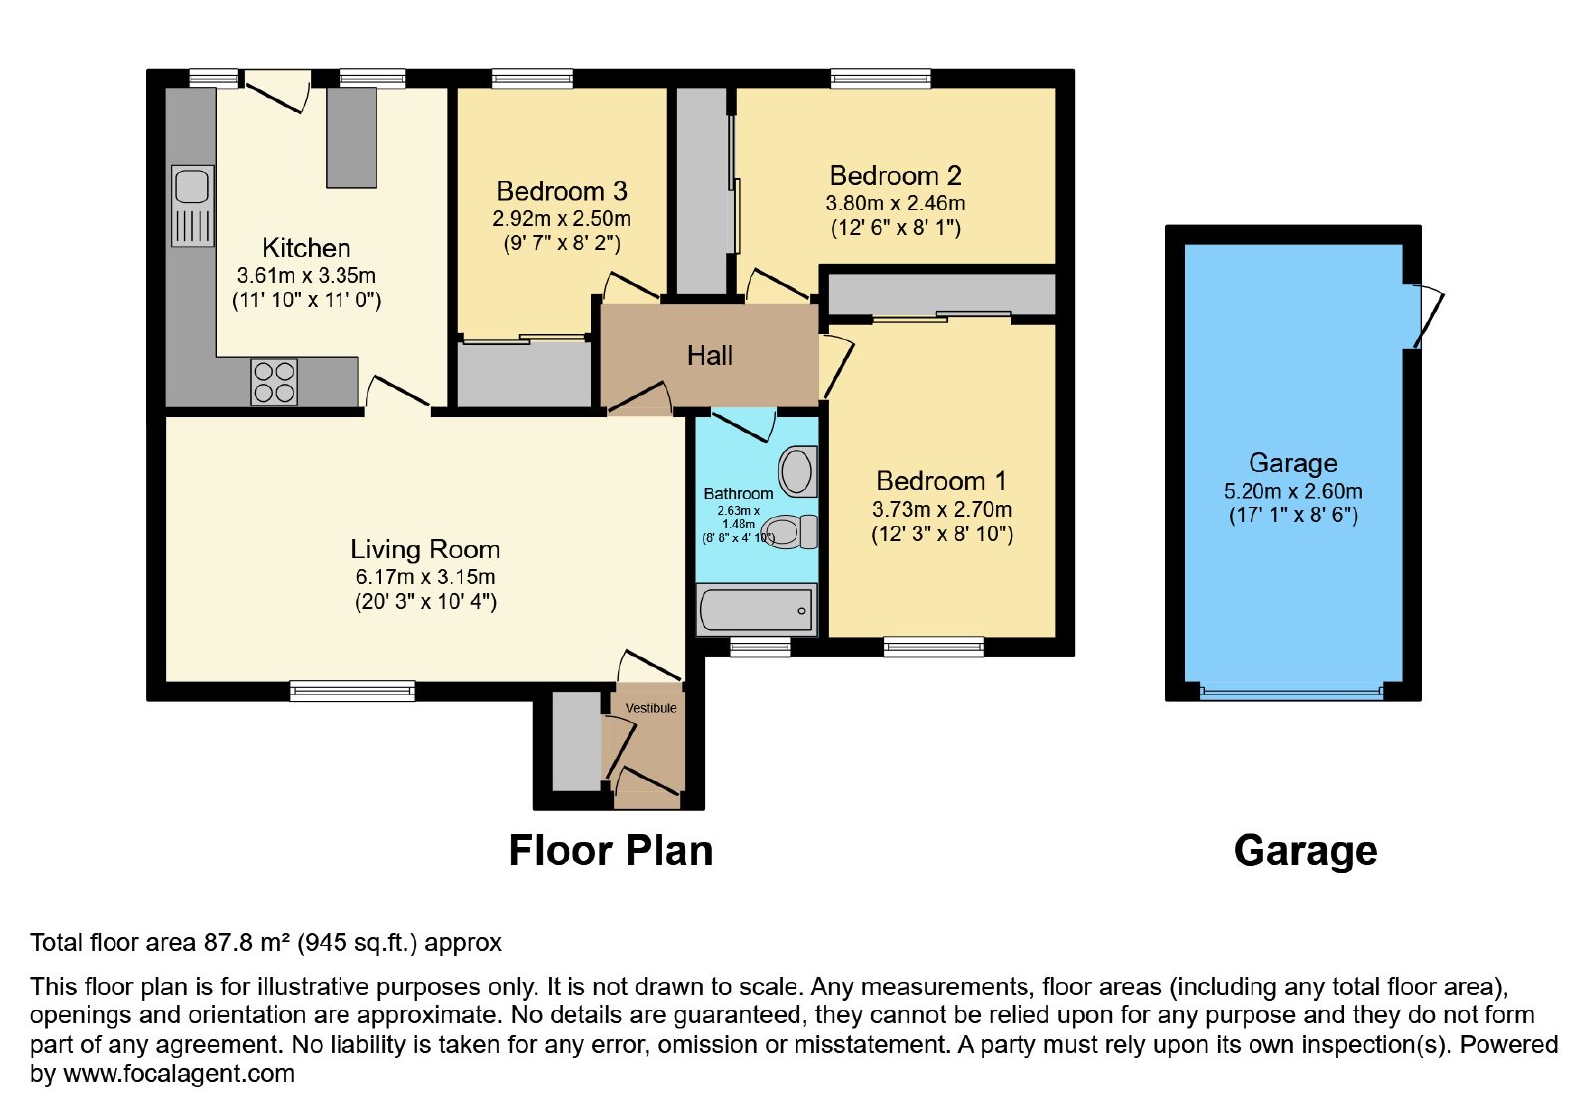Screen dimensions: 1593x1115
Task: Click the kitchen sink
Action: point(193,206)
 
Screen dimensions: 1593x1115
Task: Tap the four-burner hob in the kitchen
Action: point(274,382)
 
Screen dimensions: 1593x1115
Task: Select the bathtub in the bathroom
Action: point(757,610)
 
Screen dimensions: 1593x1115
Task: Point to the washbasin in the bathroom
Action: point(797,471)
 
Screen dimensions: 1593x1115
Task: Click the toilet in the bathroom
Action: point(793,532)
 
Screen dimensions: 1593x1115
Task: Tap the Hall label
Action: point(709,356)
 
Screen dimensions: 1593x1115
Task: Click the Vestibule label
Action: point(651,708)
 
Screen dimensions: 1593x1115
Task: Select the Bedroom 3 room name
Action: point(562,191)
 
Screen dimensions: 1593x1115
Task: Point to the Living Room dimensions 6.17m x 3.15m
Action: point(425,576)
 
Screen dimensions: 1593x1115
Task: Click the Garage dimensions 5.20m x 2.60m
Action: point(1293,491)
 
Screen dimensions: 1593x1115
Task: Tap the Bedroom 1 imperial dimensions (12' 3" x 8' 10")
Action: point(942,534)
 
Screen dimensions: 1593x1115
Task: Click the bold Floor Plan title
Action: point(610,850)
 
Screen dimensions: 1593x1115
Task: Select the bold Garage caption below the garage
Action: point(1305,851)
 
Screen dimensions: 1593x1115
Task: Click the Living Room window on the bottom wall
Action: point(352,691)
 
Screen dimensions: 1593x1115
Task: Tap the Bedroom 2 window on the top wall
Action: point(881,79)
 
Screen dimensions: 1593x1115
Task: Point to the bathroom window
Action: point(761,646)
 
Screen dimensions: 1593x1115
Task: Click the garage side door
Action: point(1428,317)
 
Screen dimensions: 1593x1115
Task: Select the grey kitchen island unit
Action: point(351,138)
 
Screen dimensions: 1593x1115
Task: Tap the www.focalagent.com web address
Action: point(178,1073)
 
